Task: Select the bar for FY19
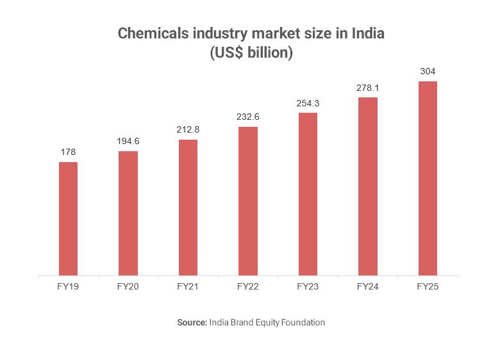[x=68, y=219]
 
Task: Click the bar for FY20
[x=128, y=213]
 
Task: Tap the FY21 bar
[x=188, y=208]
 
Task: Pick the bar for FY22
[x=248, y=201]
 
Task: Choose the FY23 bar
[x=308, y=194]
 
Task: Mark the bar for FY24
[x=368, y=186]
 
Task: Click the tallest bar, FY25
[x=428, y=179]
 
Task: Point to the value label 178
[x=68, y=152]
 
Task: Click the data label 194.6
[x=128, y=142]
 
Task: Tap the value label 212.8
[x=188, y=130]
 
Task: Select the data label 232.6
[x=248, y=117]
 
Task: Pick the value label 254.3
[x=308, y=103]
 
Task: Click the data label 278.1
[x=368, y=88]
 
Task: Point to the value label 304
[x=428, y=72]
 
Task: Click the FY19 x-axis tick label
[x=68, y=287]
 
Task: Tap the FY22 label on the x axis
[x=248, y=287]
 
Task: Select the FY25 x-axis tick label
[x=428, y=287]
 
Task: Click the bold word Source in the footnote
[x=192, y=323]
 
